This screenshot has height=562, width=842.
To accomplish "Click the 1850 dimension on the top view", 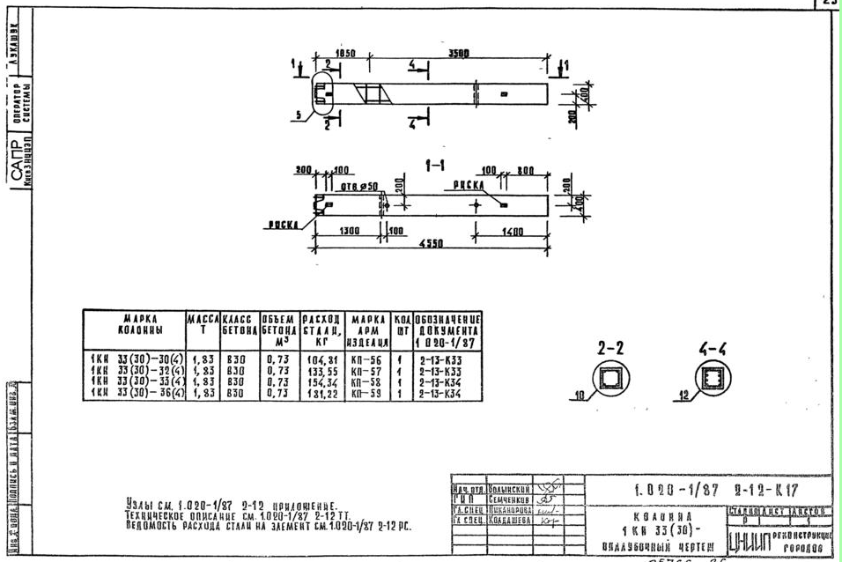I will pos(345,53).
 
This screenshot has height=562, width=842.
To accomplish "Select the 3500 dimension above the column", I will pos(459,53).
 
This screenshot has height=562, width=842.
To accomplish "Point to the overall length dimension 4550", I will pos(430,243).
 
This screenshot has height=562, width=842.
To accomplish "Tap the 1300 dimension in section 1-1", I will pos(348,231).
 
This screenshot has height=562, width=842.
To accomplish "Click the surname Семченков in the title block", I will pos(508,499).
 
